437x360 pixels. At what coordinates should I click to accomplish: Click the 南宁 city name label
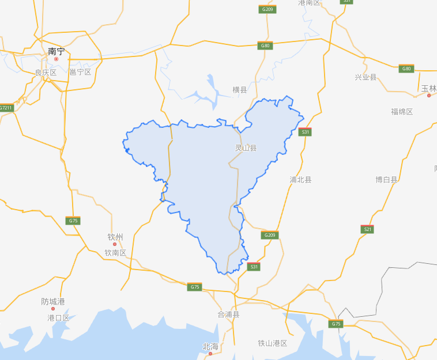(56, 51)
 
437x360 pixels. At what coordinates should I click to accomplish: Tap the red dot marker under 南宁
(56, 59)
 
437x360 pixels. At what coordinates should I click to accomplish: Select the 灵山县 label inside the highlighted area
(246, 147)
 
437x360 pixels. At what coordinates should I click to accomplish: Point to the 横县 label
(240, 90)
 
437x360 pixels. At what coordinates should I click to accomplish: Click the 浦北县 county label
(300, 180)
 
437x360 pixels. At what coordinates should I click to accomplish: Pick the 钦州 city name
(115, 237)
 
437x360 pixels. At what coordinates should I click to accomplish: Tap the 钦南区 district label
(115, 253)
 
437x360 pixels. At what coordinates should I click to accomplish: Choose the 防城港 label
(53, 301)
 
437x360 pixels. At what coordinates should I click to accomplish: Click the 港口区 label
(58, 317)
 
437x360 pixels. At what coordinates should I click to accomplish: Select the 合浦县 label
(228, 314)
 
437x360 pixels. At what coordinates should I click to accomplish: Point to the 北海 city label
(210, 346)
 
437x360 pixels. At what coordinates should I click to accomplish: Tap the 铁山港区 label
(273, 343)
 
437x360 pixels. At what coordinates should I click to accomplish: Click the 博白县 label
(387, 180)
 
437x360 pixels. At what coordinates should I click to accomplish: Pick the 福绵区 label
(402, 111)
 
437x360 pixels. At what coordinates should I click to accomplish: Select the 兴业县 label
(366, 77)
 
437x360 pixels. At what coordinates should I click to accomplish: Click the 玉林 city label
(429, 88)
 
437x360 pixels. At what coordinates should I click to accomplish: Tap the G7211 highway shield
(6, 108)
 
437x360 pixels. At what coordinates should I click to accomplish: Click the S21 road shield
(367, 229)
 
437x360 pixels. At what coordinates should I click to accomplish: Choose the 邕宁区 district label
(80, 72)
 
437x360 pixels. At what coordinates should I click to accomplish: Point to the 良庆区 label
(46, 72)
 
